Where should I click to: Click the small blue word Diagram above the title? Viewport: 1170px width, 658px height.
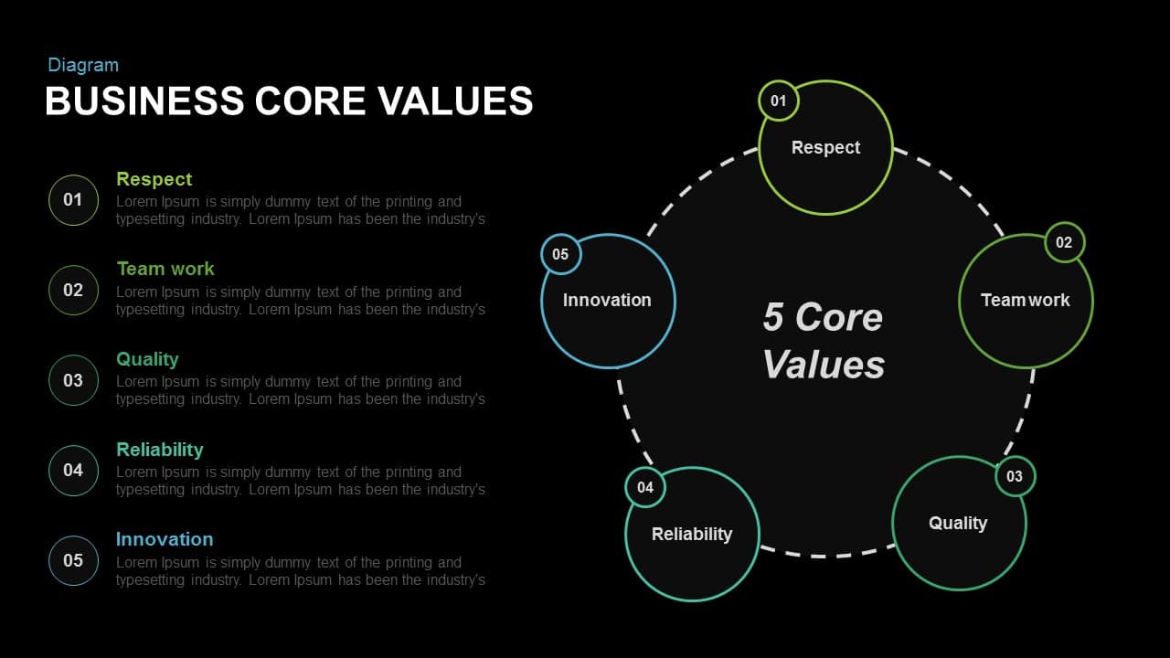[83, 65]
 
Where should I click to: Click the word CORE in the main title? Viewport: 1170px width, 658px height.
[310, 101]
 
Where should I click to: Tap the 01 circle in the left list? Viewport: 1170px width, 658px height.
[73, 200]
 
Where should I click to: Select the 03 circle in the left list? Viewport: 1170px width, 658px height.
[73, 380]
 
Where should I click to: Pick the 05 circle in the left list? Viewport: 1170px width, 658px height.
[73, 560]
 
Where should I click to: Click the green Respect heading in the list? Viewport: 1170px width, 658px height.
[154, 179]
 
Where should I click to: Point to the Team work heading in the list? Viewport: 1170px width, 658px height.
[165, 269]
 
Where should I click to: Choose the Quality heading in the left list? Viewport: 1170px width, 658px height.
[147, 359]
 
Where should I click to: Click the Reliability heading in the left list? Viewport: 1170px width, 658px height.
[160, 450]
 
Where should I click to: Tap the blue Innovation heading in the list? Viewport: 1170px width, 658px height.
[165, 539]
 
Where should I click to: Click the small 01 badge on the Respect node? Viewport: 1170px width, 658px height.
[778, 101]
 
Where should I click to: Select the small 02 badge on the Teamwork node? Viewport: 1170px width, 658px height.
[1065, 242]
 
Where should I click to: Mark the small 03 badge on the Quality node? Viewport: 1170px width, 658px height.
[1015, 476]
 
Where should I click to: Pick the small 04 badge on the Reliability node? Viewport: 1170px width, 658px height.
[645, 487]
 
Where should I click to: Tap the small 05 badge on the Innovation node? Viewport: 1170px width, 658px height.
[560, 254]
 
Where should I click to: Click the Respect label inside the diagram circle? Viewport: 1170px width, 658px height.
[825, 148]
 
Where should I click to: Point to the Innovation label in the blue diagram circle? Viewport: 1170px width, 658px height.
[607, 301]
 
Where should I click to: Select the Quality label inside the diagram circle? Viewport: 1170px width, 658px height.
[958, 524]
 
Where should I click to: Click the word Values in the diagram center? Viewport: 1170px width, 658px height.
[824, 364]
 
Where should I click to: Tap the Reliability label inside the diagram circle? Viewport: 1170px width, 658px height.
[692, 535]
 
